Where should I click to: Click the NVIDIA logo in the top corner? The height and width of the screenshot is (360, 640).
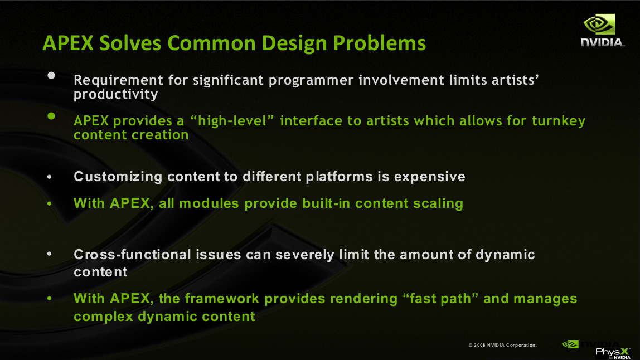click(602, 30)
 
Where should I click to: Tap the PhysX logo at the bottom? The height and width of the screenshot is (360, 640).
click(613, 353)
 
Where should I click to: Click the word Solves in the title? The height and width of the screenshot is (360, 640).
click(130, 43)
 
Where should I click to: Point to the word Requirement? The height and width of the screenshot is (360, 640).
click(118, 80)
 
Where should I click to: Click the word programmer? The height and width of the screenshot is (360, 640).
click(311, 80)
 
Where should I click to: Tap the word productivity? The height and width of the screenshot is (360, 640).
click(116, 94)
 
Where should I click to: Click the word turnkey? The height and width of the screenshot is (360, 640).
click(559, 121)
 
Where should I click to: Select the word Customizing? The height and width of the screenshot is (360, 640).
click(118, 177)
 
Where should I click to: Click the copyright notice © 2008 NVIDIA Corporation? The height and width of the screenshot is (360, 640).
click(502, 346)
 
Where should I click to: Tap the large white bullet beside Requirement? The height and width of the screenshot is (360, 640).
click(51, 75)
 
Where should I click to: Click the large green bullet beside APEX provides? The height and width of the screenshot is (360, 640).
click(51, 116)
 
